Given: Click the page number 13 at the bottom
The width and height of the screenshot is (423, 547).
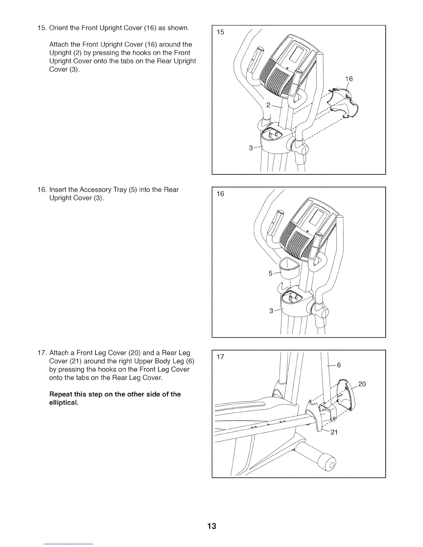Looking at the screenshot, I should (x=211, y=526).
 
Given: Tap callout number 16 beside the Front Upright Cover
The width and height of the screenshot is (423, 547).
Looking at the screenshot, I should (x=349, y=79).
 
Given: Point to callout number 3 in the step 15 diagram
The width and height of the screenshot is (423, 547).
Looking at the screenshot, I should (x=251, y=148).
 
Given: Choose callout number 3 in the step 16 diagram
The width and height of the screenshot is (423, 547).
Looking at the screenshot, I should (x=271, y=311).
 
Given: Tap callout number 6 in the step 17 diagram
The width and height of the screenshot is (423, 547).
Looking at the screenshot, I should (x=339, y=365).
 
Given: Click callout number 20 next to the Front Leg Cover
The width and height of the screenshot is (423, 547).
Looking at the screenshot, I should (x=362, y=384).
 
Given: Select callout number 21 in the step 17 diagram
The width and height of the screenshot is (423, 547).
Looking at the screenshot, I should (x=334, y=432).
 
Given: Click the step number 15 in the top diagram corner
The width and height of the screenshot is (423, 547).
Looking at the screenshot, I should (x=220, y=32).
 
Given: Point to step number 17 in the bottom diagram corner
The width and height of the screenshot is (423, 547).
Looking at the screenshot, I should (x=220, y=357).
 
